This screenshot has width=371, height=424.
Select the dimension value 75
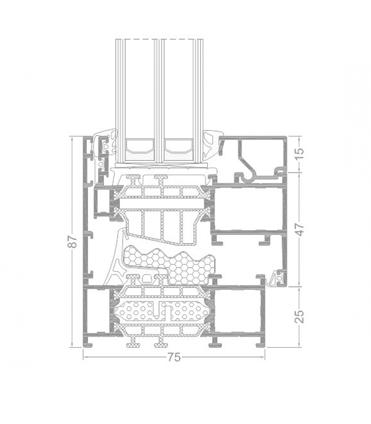(174, 358)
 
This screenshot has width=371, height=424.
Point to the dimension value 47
(300, 229)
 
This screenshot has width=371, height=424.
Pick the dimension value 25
(300, 316)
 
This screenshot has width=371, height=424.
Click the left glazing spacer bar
(140, 148)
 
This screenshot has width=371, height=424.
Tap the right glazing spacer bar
(179, 148)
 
